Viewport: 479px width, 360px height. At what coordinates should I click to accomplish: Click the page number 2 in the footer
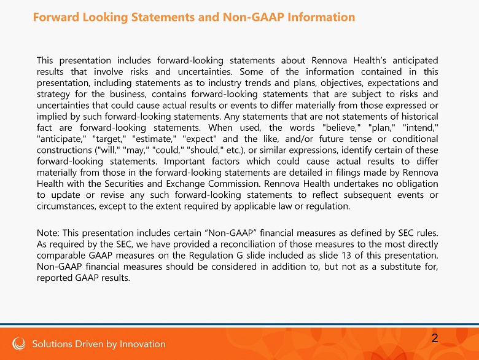coord(435,338)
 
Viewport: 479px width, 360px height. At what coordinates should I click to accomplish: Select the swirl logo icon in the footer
coord(20,343)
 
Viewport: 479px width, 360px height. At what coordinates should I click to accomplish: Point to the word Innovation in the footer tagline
coord(142,343)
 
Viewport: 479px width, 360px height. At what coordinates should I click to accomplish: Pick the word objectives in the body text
coord(346,83)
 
